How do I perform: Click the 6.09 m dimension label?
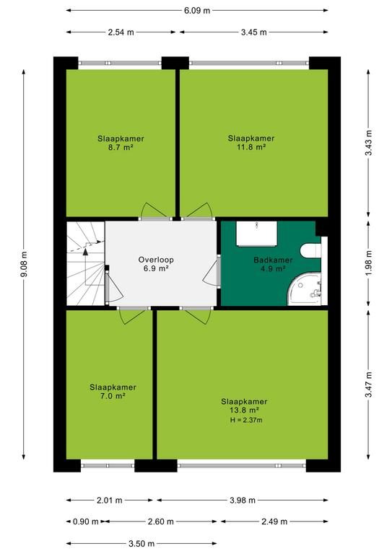click(x=197, y=11)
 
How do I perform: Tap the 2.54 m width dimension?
click(x=121, y=32)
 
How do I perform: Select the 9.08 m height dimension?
click(x=24, y=264)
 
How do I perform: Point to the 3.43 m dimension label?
click(x=369, y=143)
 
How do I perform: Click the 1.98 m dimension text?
click(x=369, y=263)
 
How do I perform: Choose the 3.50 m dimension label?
click(x=141, y=543)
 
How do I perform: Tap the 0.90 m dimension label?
click(x=85, y=522)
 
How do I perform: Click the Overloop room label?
click(x=156, y=260)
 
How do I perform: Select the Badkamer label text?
click(x=273, y=260)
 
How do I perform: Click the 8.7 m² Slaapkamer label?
click(x=121, y=143)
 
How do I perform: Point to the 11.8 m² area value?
click(x=251, y=147)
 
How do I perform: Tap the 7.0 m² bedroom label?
click(x=113, y=392)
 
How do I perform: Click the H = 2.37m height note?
click(x=246, y=420)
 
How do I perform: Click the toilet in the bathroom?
click(x=310, y=250)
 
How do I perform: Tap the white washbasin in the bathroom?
click(x=256, y=234)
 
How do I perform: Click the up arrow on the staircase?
click(x=85, y=252)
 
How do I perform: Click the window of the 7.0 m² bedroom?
click(x=108, y=465)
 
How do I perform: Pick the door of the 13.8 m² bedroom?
click(x=196, y=315)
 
